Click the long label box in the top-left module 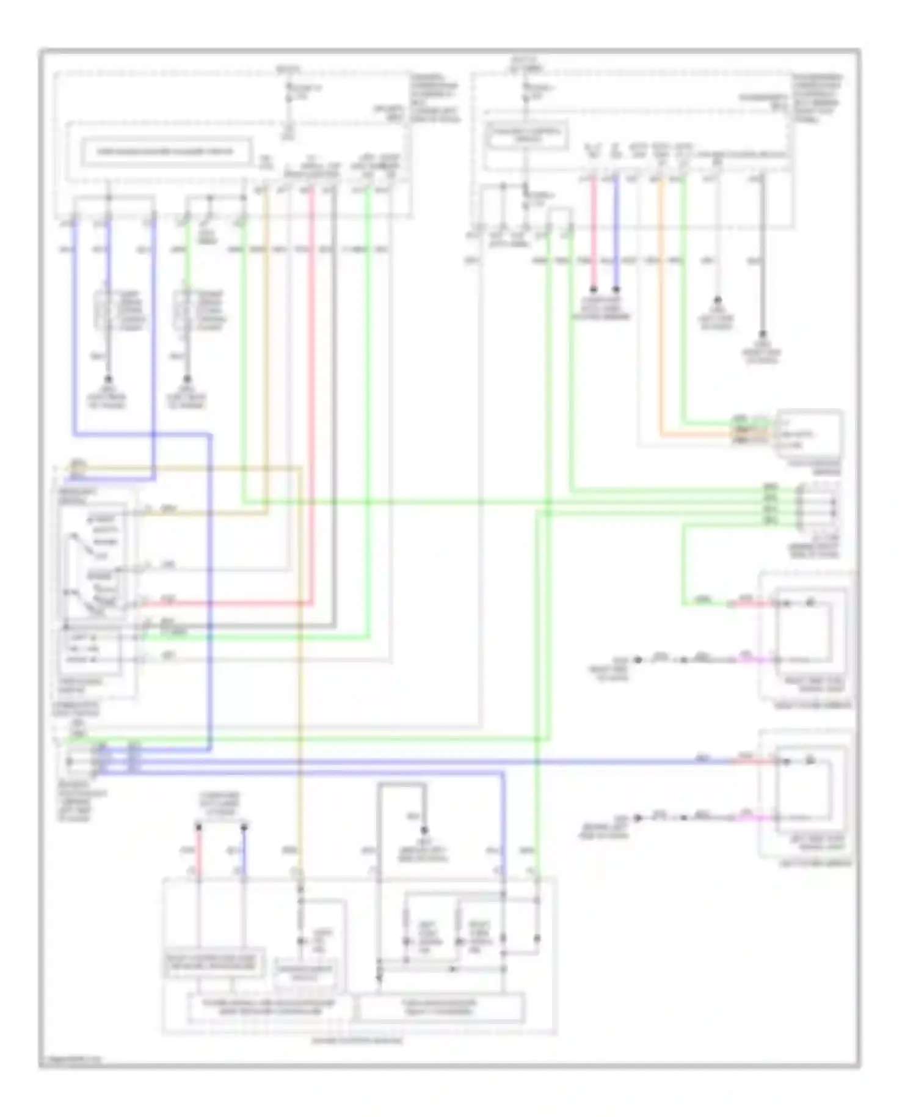(165, 152)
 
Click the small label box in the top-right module (526, 135)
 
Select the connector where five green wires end (817, 505)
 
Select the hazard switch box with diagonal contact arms (93, 561)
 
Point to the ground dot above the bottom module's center (424, 830)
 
